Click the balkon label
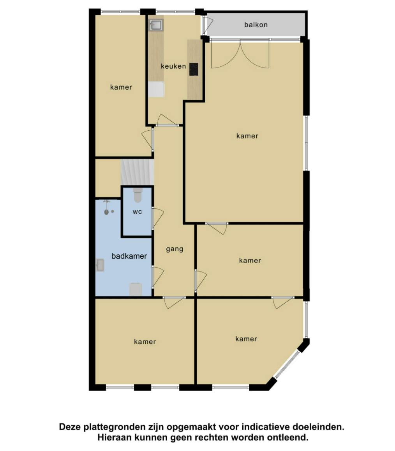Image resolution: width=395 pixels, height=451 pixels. [256, 25]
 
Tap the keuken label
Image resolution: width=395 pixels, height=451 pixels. [173, 66]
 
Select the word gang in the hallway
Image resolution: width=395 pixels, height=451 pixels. [175, 249]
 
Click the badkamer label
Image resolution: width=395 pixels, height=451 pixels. [129, 256]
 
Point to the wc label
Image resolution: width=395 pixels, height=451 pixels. [137, 212]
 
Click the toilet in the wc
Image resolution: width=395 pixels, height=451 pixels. [138, 195]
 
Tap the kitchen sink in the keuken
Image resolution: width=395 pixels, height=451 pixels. [156, 25]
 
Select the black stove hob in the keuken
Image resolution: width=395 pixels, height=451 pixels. [194, 69]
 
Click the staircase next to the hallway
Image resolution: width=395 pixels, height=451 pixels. [137, 172]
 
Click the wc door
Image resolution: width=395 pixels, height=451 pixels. [157, 218]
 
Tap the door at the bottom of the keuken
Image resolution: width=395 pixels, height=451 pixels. [167, 120]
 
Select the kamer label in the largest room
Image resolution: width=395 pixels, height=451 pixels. [247, 136]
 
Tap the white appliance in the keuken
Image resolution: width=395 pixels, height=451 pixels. [156, 89]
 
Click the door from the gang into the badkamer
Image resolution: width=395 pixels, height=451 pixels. [157, 277]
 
